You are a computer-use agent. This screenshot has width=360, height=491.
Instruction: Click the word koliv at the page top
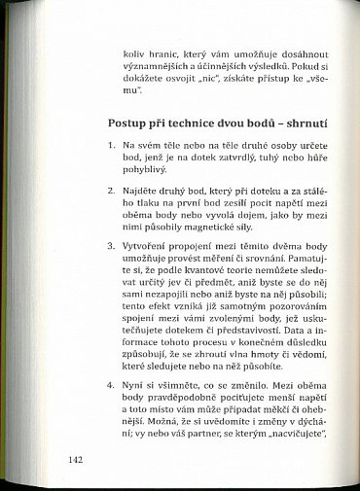(137, 56)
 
